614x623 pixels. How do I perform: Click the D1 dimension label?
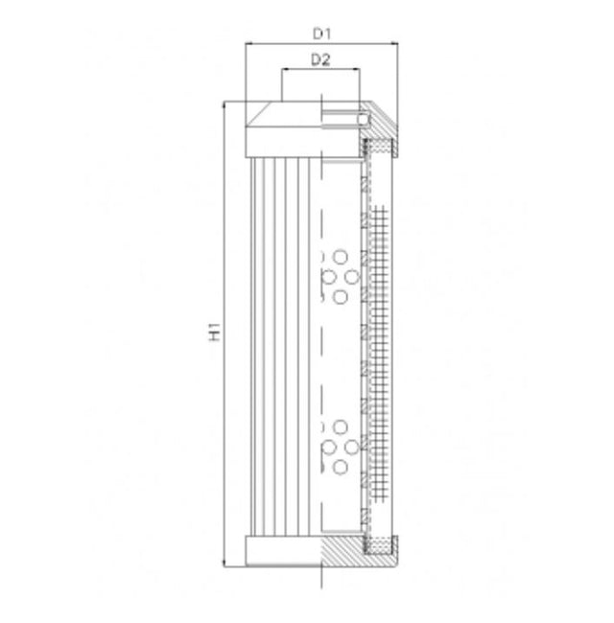[321, 33]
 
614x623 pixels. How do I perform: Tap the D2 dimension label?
[321, 59]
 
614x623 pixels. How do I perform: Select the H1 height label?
[216, 333]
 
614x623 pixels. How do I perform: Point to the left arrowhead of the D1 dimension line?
[249, 43]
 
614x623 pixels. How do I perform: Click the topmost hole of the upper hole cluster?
[341, 257]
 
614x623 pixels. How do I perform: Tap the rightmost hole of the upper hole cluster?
[352, 276]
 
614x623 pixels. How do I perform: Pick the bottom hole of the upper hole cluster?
[341, 296]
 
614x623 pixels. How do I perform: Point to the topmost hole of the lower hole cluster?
[341, 427]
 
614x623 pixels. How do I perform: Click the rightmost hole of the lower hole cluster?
[352, 447]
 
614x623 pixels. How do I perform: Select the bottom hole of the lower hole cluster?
[341, 467]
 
